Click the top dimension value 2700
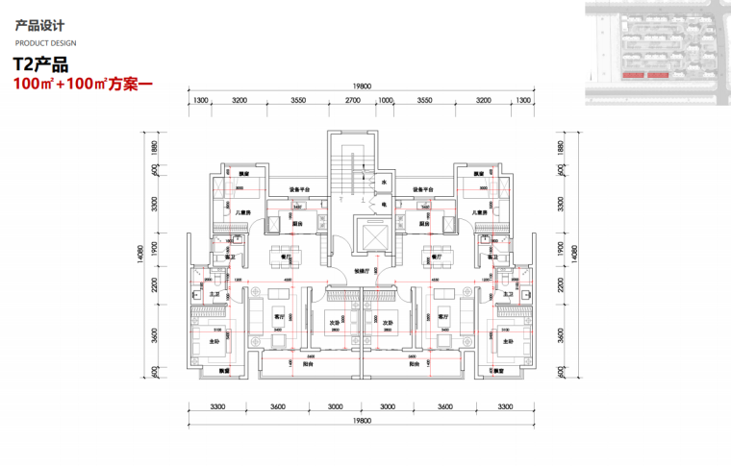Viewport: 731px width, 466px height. coord(352,100)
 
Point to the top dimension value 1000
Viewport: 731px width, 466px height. coord(386,100)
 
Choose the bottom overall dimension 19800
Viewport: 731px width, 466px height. coord(362,420)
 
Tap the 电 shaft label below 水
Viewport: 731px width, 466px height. coord(383,205)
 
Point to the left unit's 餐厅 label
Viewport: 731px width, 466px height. coord(286,258)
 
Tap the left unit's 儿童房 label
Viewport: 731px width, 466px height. coord(244,212)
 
